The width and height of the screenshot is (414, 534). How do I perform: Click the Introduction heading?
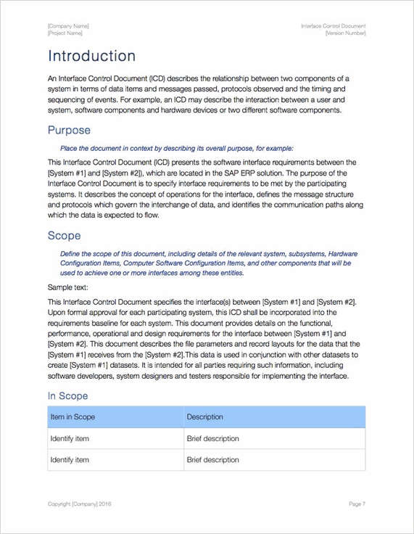tap(91, 57)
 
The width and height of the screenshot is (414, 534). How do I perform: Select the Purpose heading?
tap(69, 131)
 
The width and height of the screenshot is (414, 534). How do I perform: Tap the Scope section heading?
tap(64, 236)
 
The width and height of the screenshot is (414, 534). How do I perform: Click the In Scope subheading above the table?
tap(67, 396)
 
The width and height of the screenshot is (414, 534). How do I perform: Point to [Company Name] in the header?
tap(68, 26)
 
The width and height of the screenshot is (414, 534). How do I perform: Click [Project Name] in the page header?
tap(65, 33)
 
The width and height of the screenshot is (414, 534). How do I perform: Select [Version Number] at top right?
tap(345, 33)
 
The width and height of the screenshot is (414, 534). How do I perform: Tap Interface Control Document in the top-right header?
tap(334, 26)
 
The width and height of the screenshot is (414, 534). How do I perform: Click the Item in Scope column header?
tap(73, 417)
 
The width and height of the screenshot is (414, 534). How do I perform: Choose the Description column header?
tap(204, 417)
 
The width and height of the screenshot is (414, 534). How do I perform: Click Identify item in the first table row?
tap(70, 439)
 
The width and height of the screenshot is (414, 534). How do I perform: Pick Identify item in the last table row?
tap(70, 460)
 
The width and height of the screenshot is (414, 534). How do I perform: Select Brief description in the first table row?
tap(212, 439)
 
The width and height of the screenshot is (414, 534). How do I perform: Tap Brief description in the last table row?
tap(212, 460)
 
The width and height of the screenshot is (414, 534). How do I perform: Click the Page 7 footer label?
tap(357, 504)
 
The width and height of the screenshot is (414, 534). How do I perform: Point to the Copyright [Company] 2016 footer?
tap(80, 504)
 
